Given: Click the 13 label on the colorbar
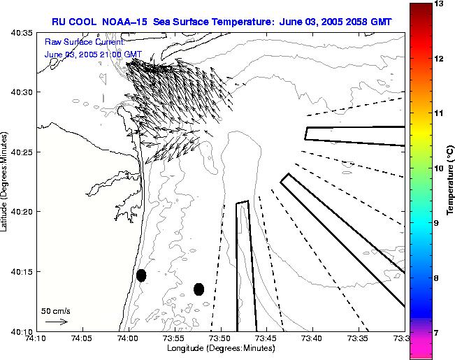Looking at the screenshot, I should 438,4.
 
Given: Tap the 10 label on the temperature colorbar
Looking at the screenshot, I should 438,168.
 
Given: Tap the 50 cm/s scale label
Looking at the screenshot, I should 56,310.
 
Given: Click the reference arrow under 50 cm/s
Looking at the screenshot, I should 56,322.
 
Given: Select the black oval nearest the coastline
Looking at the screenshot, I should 141,275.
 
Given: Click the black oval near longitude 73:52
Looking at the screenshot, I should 198,289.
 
